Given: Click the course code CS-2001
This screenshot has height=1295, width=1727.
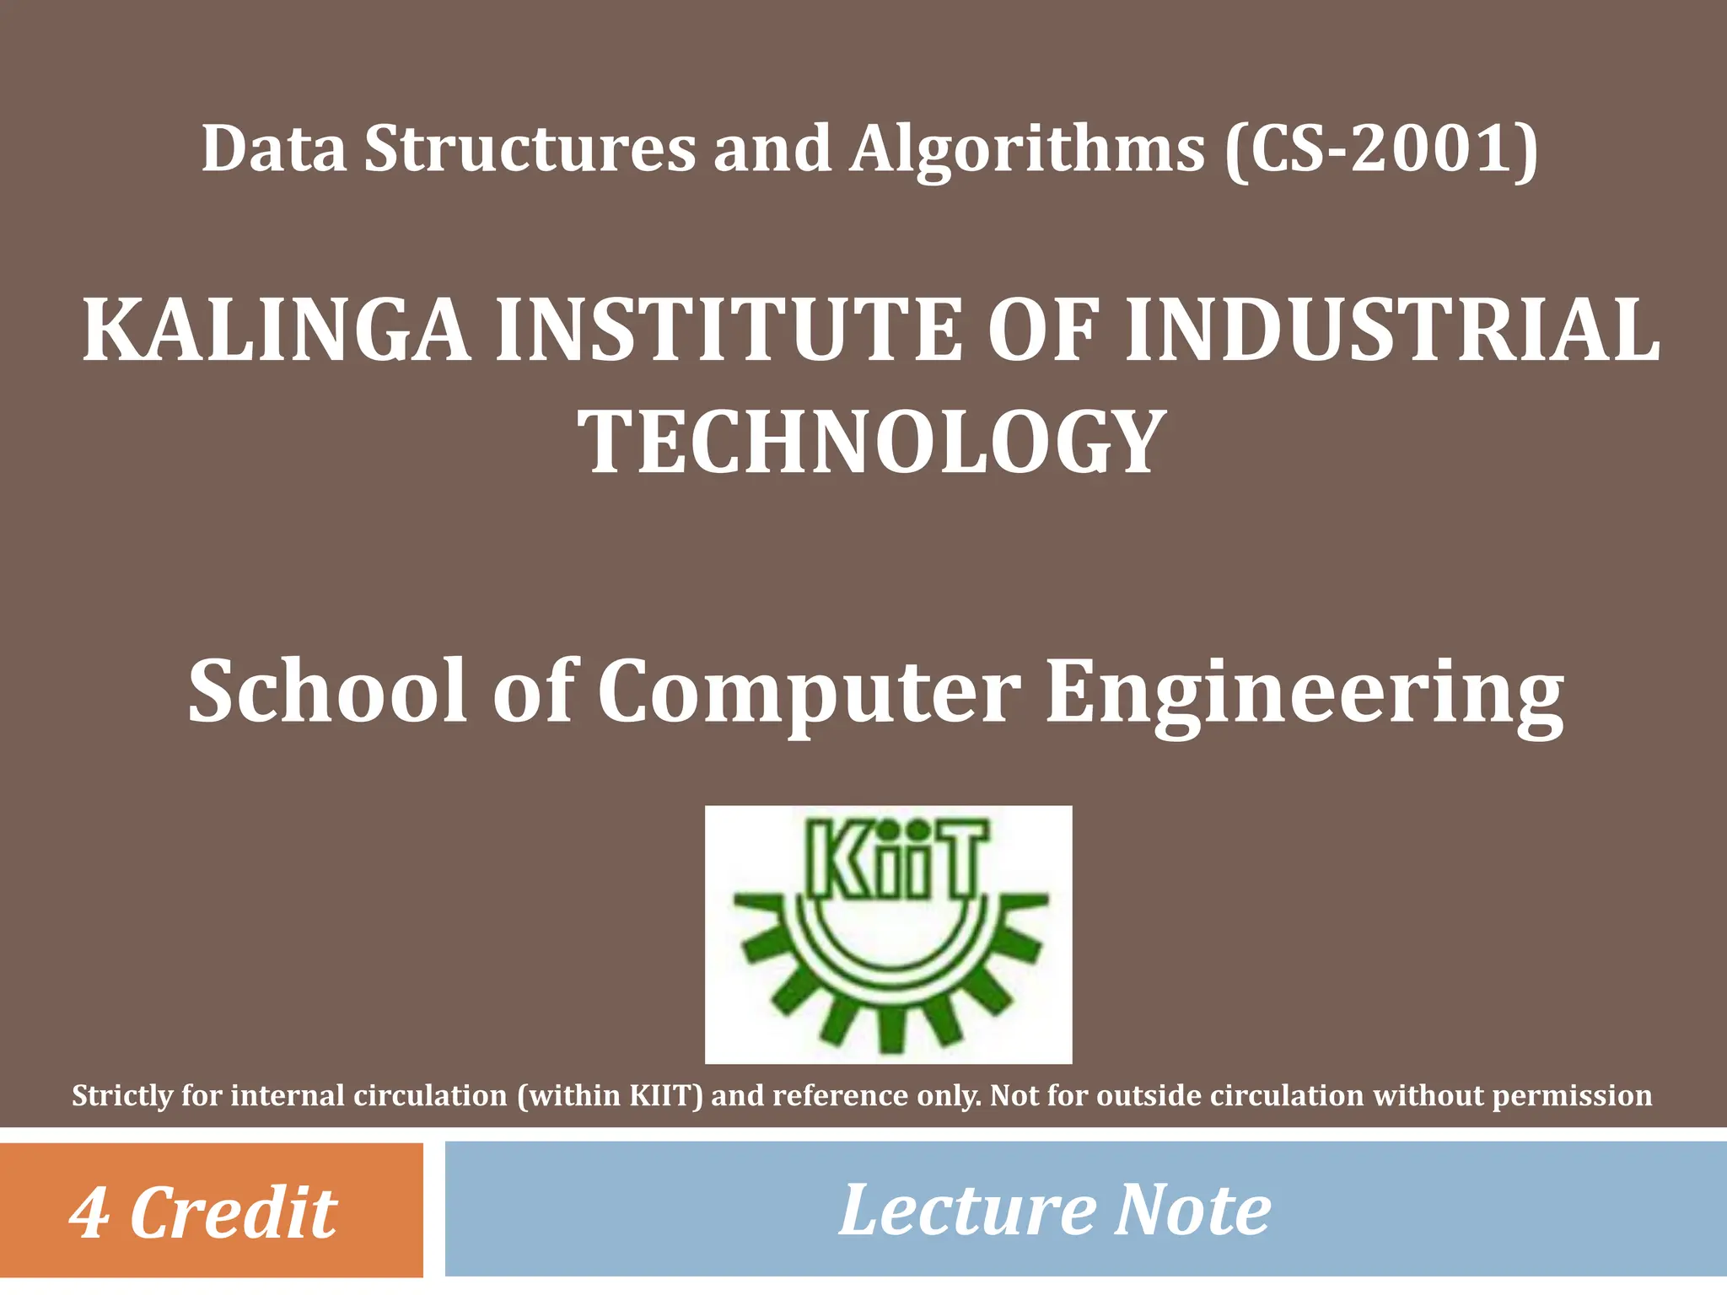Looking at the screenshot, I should click(x=1381, y=149).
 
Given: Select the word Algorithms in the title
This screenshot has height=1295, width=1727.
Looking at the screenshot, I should click(x=1028, y=149).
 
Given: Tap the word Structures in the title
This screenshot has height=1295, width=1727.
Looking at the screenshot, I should click(x=530, y=149).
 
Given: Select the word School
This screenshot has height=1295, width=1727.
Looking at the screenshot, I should click(x=327, y=691).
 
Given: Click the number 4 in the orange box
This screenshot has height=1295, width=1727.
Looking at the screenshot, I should click(x=89, y=1212).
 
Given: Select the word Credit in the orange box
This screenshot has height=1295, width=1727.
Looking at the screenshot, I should click(x=234, y=1212).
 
